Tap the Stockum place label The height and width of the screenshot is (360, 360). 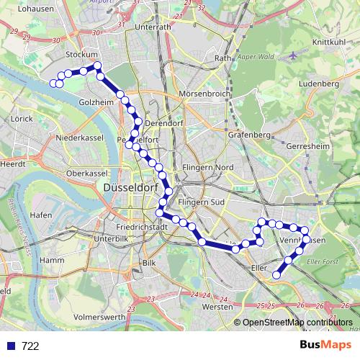tap(81, 54)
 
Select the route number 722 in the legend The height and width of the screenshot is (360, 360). tap(30, 346)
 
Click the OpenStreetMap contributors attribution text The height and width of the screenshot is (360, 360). tap(297, 323)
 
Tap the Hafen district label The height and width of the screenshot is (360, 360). tap(41, 215)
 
